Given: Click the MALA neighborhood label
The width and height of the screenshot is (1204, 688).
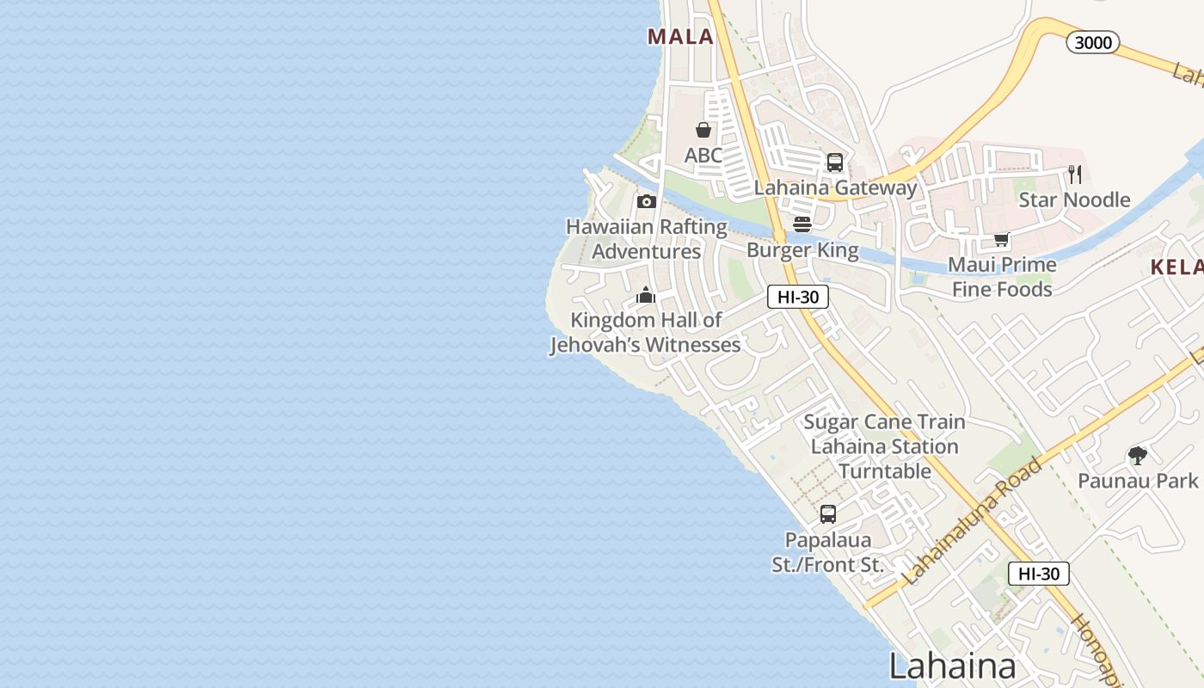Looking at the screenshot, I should pos(680,36).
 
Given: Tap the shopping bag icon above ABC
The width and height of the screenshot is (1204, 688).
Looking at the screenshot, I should pos(703,130).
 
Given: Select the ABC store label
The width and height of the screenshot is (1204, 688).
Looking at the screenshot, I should pos(703,156).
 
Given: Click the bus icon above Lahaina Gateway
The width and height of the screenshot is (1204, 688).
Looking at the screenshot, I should pos(834,162).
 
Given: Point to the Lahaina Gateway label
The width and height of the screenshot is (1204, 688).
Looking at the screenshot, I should pos(835,187).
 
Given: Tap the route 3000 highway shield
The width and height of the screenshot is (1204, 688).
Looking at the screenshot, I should pos(1093,42).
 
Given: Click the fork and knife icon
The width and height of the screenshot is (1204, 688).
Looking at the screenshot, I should pos(1075,175).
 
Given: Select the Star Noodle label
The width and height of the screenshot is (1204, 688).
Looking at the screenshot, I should pos(1074,200).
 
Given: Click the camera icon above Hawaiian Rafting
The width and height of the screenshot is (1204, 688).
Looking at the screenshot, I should pos(647,201).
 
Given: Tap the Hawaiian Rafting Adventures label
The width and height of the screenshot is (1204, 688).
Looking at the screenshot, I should pos(647,239).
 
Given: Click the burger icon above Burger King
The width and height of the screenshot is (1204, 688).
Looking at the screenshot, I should pos(802,224).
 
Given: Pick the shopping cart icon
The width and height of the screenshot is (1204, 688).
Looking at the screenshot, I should pos(1001,239).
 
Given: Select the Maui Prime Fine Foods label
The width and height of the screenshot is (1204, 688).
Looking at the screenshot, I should pos(1002,277).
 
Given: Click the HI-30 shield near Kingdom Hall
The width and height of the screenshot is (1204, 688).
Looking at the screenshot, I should pos(797,297).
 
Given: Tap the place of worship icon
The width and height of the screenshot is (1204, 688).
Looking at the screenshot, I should pos(646,296).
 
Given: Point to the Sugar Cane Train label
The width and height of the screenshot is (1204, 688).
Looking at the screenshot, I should pos(884,422).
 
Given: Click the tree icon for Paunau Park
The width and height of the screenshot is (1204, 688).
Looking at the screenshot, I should pos(1138,456).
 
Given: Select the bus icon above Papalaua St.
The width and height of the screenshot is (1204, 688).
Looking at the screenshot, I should pos(827,514).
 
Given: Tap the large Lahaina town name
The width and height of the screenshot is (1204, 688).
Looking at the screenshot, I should pos(952,666).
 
